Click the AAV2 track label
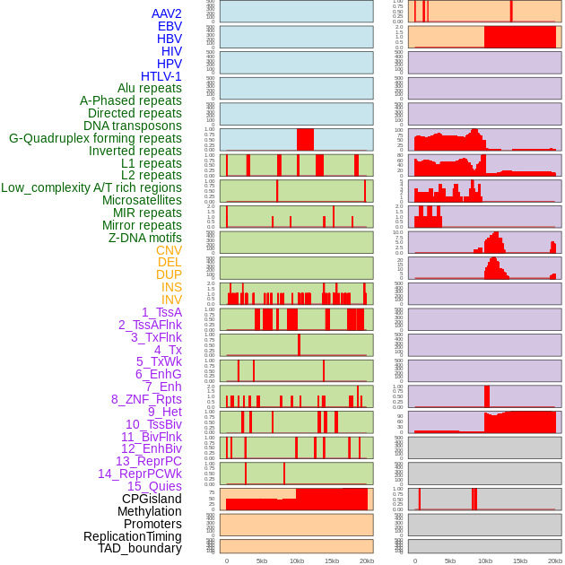pyautogui.click(x=166, y=13)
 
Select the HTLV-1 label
pyautogui.click(x=161, y=76)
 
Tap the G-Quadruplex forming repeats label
pyautogui.click(x=95, y=138)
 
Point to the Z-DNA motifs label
pyautogui.click(x=144, y=238)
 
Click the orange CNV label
pyautogui.click(x=169, y=250)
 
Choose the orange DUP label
pyautogui.click(x=169, y=274)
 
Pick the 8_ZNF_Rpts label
pyautogui.click(x=146, y=399)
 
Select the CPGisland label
pyautogui.click(x=152, y=499)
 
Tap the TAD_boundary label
pyautogui.click(x=139, y=548)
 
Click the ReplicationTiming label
pyautogui.click(x=132, y=536)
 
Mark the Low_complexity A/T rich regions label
pyautogui.click(x=91, y=187)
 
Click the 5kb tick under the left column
pyautogui.click(x=262, y=561)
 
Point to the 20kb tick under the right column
pyautogui.click(x=555, y=561)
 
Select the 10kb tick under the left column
pyautogui.click(x=296, y=561)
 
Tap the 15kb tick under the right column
pyautogui.click(x=520, y=561)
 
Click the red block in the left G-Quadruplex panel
pyautogui.click(x=305, y=139)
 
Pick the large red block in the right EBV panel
pyautogui.click(x=522, y=37)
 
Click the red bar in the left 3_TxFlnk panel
pyautogui.click(x=300, y=344)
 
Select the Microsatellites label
pyautogui.click(x=142, y=200)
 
